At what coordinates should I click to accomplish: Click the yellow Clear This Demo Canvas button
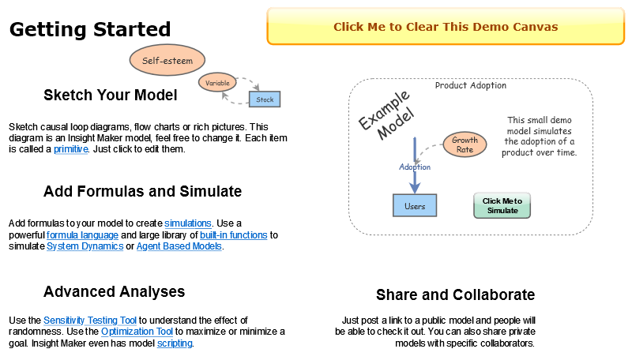[x=446, y=27]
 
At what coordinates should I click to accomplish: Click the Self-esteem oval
[x=167, y=60]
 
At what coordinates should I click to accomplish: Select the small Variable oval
[x=217, y=83]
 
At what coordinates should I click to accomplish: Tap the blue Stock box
[x=265, y=99]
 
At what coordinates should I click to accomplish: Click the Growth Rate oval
[x=465, y=144]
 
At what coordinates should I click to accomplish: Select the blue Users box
[x=415, y=206]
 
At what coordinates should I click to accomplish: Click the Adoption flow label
[x=415, y=167]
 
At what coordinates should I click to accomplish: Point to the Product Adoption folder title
[x=471, y=85]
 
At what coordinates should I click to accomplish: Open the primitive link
[x=70, y=149]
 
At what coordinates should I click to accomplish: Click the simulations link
[x=188, y=223]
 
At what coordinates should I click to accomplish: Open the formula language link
[x=82, y=235]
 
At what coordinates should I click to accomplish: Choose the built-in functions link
[x=234, y=235]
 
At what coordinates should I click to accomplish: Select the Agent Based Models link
[x=179, y=246]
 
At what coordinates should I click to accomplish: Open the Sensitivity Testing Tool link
[x=90, y=321]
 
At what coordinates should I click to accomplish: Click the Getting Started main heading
[x=90, y=29]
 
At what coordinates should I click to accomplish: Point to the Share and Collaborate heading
[x=455, y=294]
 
